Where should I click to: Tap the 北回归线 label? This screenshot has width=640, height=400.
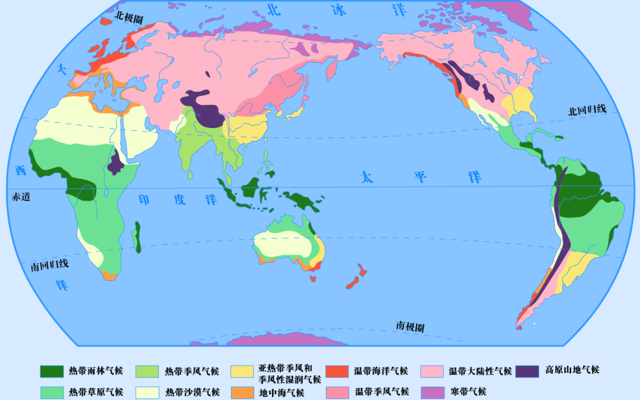coord(587,111)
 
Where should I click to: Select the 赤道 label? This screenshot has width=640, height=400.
coord(21,197)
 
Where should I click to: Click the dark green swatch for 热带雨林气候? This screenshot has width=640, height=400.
coord(52,371)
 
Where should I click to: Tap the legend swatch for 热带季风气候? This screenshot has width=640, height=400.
coord(148,371)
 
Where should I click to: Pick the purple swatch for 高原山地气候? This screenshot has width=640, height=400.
coord(527,371)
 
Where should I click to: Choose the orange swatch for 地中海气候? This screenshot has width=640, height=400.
coord(243,392)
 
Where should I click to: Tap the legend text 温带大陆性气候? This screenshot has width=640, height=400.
coord(480,371)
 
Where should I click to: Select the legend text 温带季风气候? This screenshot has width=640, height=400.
coord(382,392)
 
